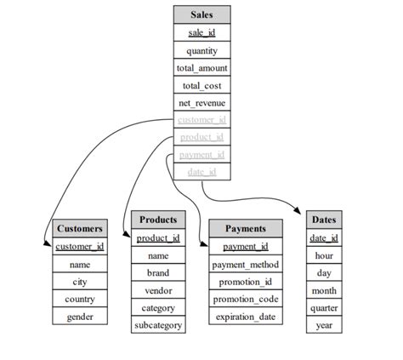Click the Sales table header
201,14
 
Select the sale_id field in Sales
201,32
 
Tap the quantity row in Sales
201,50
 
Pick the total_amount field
201,68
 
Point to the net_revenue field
201,103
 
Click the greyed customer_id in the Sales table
201,120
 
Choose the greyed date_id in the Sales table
201,173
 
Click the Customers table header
80,228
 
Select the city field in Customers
80,281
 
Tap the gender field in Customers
80,317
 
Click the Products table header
158,220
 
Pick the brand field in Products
158,273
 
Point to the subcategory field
158,325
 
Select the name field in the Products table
158,255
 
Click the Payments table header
245,229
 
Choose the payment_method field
245,265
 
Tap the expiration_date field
245,317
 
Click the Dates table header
324,220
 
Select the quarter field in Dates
324,307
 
